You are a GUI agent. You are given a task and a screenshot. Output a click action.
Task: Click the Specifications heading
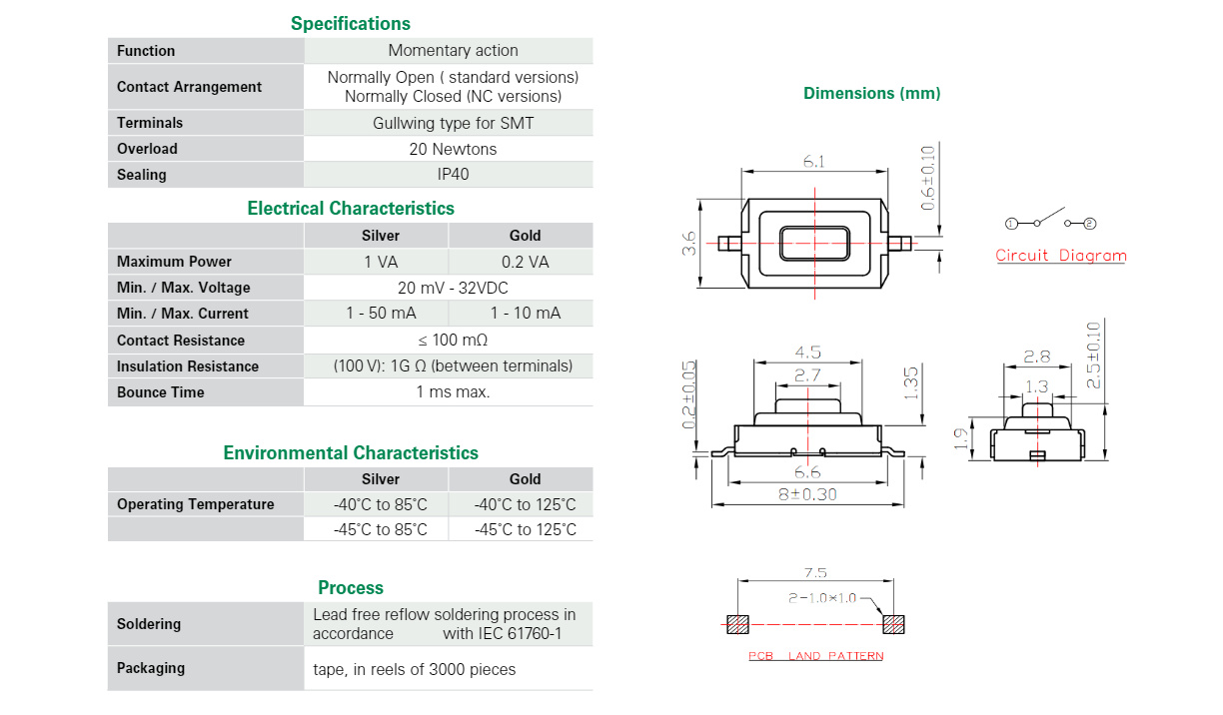tap(350, 24)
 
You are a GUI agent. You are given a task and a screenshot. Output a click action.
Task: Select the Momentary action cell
tap(453, 50)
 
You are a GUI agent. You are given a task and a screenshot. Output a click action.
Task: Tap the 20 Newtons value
tap(453, 149)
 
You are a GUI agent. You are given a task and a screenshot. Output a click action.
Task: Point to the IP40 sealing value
tap(453, 174)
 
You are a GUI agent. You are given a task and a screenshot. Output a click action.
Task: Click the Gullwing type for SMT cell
tap(453, 123)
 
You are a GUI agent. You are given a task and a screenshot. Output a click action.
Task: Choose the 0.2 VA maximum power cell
tap(525, 262)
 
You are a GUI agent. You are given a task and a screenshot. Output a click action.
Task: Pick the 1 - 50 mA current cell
tap(381, 313)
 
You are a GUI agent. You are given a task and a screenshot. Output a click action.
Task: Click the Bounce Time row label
tap(161, 392)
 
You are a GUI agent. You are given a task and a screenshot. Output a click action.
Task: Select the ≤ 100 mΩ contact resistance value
tap(453, 341)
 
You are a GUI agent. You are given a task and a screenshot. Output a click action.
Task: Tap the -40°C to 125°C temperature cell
tap(525, 504)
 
